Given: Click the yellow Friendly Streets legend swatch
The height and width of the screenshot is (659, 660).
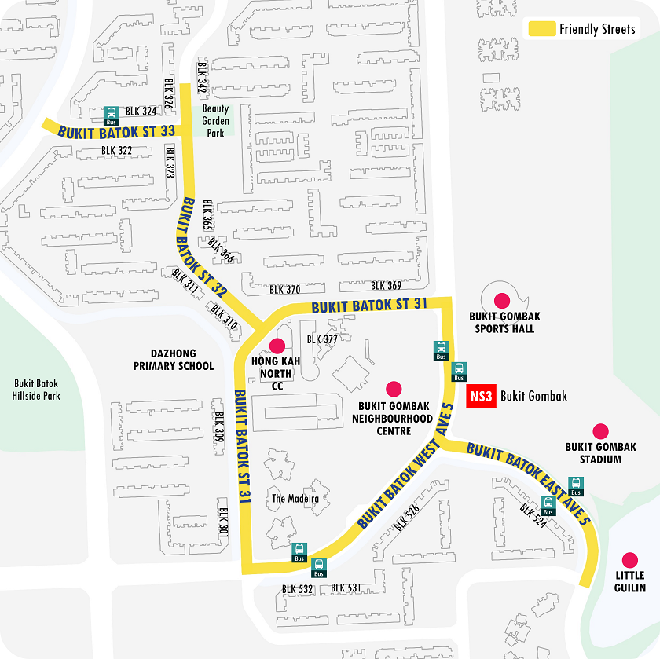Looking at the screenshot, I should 541,29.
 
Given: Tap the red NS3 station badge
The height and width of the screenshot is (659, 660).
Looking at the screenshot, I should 480,397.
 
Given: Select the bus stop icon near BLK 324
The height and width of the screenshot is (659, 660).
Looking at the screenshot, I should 111,115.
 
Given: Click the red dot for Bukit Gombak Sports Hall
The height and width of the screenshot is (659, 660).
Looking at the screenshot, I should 500,299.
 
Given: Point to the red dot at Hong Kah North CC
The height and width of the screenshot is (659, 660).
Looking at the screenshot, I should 277,346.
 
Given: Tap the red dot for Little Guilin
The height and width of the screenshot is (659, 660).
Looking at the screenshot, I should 629,559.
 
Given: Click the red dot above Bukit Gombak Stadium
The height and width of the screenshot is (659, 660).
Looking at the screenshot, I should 600,430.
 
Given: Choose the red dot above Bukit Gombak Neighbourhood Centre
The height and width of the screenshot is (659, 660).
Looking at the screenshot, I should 394,388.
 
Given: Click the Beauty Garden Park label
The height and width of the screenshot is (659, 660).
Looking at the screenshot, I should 216,121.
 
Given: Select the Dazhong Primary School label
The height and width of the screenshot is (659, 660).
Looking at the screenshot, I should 173,360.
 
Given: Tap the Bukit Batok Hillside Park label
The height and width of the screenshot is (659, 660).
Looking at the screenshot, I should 37,390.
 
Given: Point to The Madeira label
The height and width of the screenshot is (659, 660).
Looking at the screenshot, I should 290,499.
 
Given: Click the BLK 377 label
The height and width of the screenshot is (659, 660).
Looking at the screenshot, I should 322,339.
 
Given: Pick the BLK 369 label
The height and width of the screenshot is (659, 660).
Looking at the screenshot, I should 386,286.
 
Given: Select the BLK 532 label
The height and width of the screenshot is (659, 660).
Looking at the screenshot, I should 298,588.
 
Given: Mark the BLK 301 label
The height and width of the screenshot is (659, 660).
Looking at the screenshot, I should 223,522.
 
